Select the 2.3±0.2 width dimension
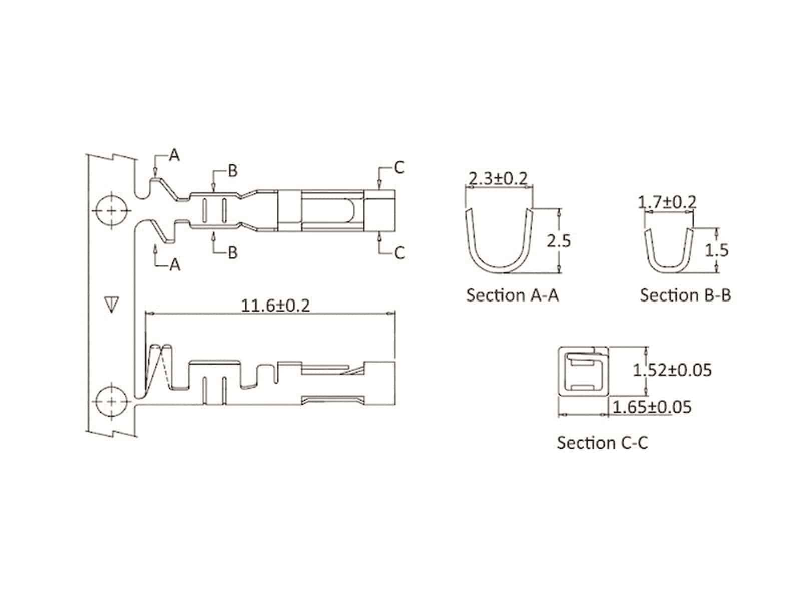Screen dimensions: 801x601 (x=498, y=178)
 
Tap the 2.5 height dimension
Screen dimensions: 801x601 (x=559, y=241)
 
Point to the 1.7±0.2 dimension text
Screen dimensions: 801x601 (x=667, y=202)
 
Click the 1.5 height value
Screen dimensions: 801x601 (x=717, y=250)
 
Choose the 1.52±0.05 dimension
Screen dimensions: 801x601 (x=672, y=370)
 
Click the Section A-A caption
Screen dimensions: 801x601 (x=512, y=295)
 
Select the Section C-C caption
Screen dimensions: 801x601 (x=602, y=443)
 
